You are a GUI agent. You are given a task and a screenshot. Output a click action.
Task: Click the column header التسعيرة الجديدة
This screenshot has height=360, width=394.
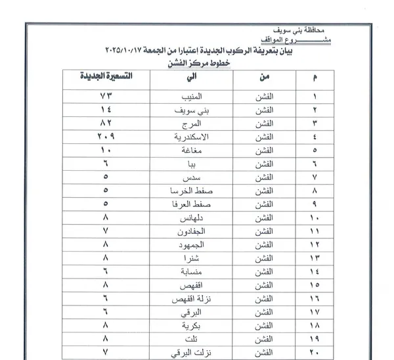(108, 77)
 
